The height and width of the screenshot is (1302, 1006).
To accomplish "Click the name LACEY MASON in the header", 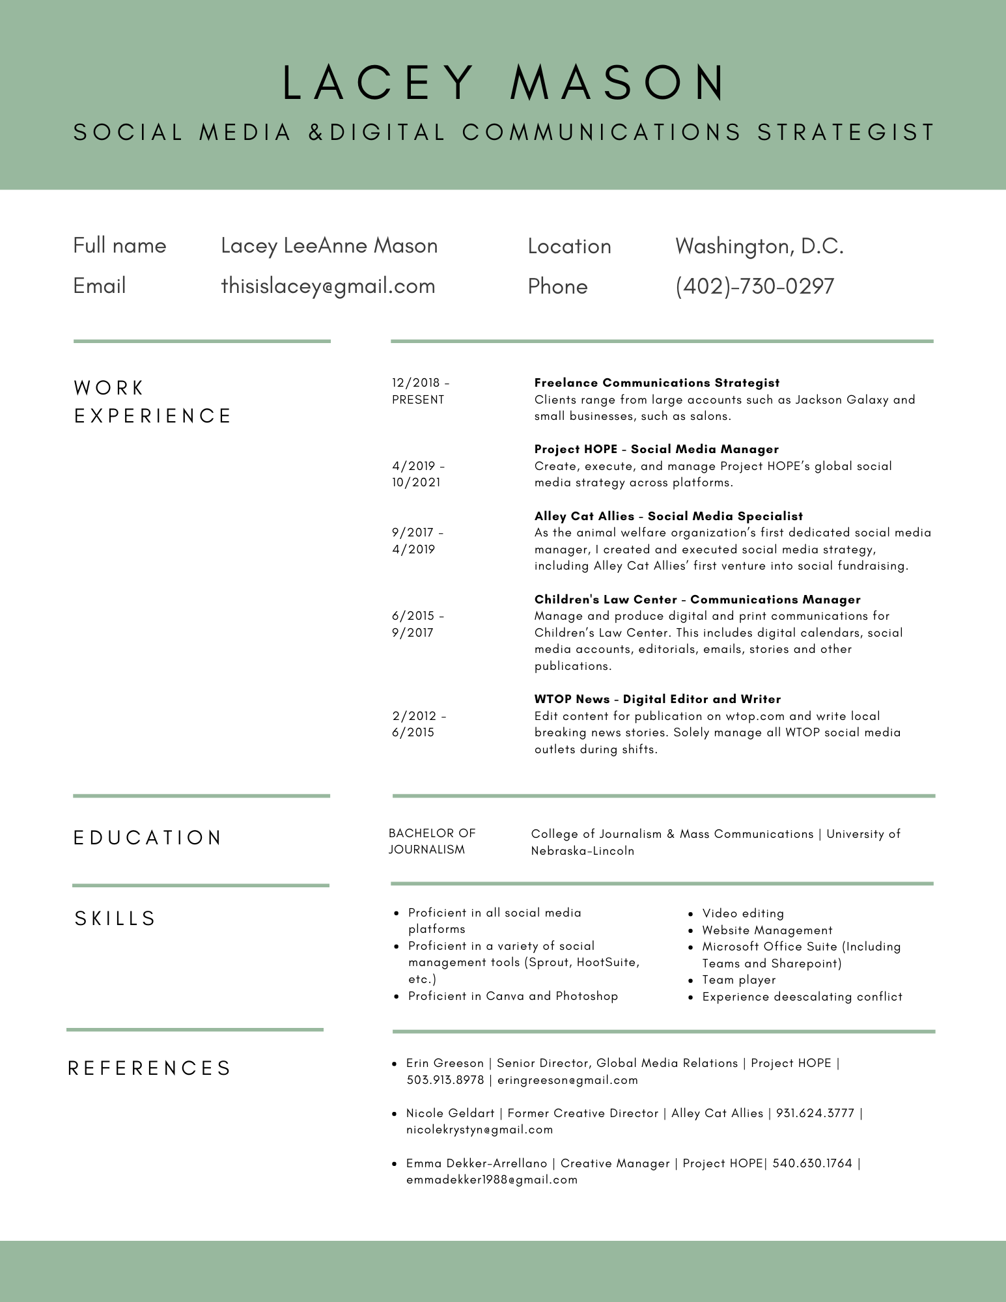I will point(503,83).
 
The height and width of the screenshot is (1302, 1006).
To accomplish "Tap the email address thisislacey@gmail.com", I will point(328,286).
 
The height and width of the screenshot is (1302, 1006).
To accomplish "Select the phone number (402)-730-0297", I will point(755,286).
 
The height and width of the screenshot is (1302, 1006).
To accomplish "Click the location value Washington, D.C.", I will point(759,246).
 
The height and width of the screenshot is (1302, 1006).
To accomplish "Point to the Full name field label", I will point(120,245).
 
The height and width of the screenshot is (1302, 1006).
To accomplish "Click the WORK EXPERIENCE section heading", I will point(152,402).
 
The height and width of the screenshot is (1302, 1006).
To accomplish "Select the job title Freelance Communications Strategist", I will point(656,383).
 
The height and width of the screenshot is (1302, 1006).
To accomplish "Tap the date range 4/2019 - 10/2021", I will point(418,474).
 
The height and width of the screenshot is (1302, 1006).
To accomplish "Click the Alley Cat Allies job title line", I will point(668,516).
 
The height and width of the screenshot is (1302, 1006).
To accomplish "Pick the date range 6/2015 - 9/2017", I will point(418,624).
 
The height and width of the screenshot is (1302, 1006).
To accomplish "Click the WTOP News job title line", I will point(657,699).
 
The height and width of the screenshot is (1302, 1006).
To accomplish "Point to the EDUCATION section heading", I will point(148,838).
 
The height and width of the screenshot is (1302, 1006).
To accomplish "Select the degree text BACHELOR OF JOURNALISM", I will point(432,841).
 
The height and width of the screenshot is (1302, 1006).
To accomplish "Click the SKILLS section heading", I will point(115,919).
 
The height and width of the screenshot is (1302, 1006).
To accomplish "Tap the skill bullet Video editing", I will point(743,913).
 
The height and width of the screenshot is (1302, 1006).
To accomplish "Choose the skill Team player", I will point(739,980).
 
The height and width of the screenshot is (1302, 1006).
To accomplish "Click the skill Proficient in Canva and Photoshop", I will point(512,996).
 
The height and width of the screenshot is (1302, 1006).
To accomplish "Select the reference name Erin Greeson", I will point(445,1063).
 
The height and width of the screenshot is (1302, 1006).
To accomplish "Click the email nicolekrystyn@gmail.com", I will point(479,1129).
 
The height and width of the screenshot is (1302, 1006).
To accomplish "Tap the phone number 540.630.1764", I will point(812,1163).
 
